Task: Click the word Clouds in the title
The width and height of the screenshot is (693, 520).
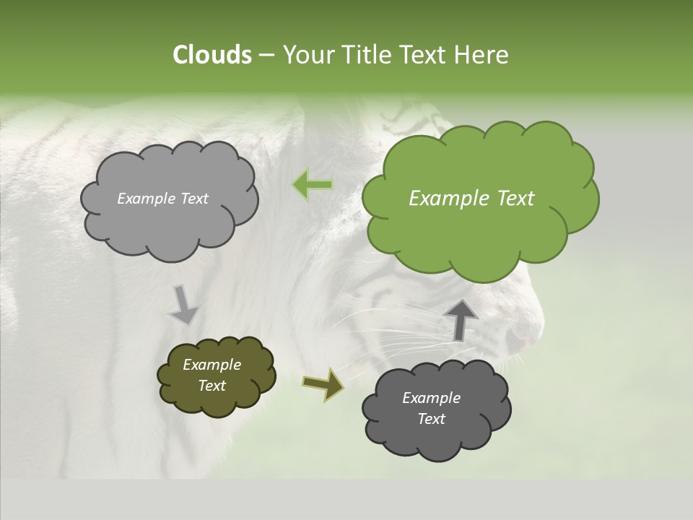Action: [x=212, y=55]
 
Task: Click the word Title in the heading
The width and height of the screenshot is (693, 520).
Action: [x=366, y=55]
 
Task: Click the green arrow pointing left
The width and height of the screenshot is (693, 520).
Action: [x=312, y=186]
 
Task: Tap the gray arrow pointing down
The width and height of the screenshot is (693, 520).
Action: [x=183, y=305]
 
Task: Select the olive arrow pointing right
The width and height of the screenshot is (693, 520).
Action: [x=323, y=383]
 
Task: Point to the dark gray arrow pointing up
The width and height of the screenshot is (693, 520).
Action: [x=461, y=319]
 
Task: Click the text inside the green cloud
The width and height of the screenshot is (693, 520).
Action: [x=471, y=199]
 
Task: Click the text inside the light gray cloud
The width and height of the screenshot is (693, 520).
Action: [x=162, y=199]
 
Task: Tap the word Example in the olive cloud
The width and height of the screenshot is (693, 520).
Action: [x=212, y=365]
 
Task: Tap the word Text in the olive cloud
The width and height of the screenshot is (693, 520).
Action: [x=212, y=386]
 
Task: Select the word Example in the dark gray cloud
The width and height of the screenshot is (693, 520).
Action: [x=431, y=398]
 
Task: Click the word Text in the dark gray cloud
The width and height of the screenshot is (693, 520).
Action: [x=431, y=419]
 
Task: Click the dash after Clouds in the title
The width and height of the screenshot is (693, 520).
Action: [x=266, y=56]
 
